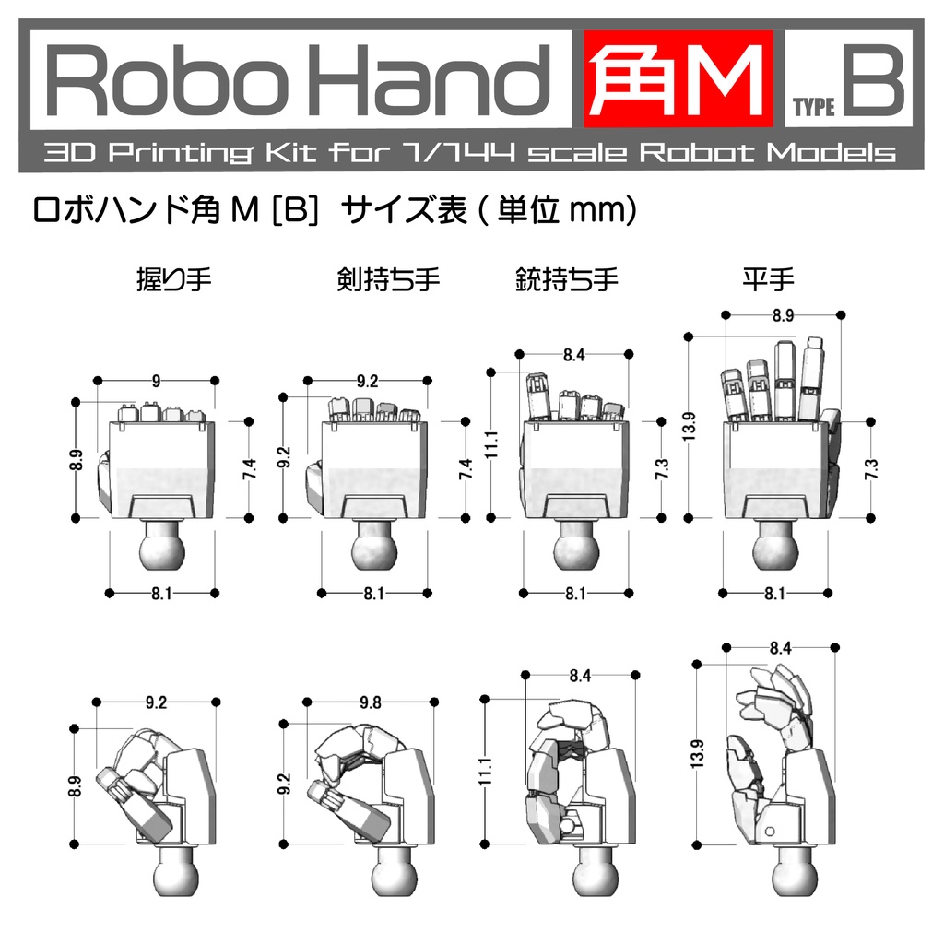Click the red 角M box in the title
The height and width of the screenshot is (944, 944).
click(x=677, y=81)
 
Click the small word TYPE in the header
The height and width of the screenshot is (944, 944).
click(x=814, y=108)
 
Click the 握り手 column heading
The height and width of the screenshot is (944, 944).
click(x=173, y=278)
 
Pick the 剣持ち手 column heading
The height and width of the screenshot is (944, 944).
click(x=388, y=278)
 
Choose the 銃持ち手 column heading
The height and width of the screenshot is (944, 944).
click(x=566, y=278)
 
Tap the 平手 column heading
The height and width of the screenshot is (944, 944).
click(x=768, y=278)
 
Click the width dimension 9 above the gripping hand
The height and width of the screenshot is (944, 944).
click(x=156, y=380)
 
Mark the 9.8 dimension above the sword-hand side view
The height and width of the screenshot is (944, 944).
click(x=370, y=702)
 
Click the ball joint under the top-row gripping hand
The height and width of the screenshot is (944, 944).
click(x=162, y=548)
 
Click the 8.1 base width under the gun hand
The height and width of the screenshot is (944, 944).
click(x=575, y=594)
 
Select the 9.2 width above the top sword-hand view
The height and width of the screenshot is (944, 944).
click(x=367, y=380)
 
